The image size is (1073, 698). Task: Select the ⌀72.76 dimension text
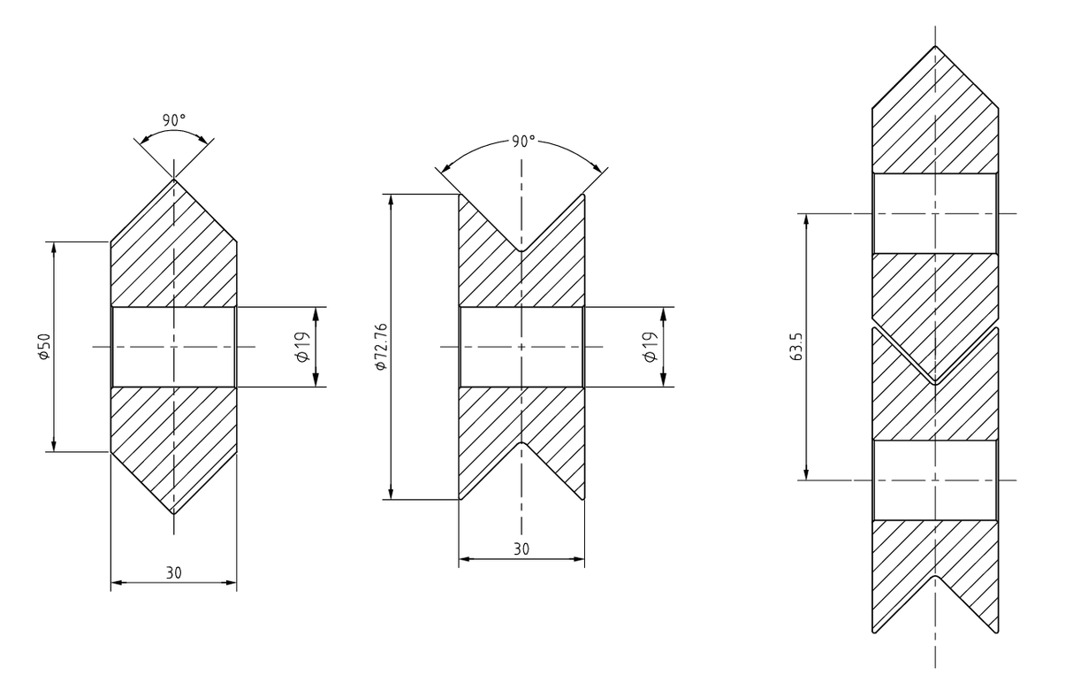(381, 347)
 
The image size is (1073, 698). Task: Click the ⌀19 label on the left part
(301, 347)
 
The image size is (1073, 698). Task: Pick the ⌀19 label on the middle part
(650, 347)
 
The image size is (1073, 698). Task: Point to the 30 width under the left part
(174, 572)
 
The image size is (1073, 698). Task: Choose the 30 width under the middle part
(521, 548)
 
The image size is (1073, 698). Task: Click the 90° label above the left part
(174, 119)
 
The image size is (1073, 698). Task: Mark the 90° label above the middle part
(522, 142)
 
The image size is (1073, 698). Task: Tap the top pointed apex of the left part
(174, 180)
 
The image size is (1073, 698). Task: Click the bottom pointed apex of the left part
(174, 514)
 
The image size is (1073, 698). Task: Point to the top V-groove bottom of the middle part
(521, 251)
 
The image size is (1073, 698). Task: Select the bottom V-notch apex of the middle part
(521, 442)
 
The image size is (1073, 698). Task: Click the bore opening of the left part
(174, 347)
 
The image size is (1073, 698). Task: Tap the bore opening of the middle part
(521, 347)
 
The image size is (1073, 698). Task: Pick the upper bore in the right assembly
(935, 213)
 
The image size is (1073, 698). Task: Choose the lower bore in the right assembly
(935, 479)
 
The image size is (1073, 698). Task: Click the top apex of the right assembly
(935, 47)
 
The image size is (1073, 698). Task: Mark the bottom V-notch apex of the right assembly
(935, 576)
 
